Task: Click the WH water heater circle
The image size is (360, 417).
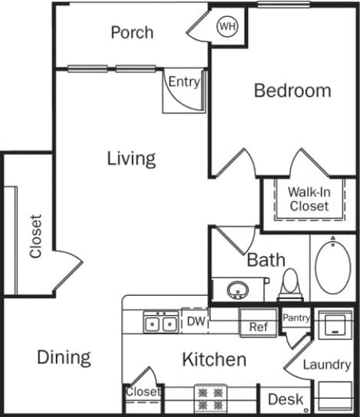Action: coord(227,27)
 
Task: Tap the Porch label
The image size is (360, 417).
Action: coord(132,32)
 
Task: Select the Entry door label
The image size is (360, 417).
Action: coord(184,82)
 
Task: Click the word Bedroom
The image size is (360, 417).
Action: coord(293,90)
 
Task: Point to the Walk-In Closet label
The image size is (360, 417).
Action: coord(309,199)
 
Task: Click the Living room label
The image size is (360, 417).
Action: coord(131,159)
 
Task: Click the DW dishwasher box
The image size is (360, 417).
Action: coord(196,322)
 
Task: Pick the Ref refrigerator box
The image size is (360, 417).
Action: coord(258,327)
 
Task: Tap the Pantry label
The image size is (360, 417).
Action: coord(296,317)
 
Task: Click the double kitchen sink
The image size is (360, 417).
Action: coord(161,323)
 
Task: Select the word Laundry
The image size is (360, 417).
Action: coord(326,365)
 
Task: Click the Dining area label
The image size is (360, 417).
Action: coord(64,357)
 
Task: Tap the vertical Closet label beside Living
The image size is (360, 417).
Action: coord(35,235)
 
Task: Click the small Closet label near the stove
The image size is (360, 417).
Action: coord(144,392)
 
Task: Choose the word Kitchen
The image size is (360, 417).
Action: coord(214,360)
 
